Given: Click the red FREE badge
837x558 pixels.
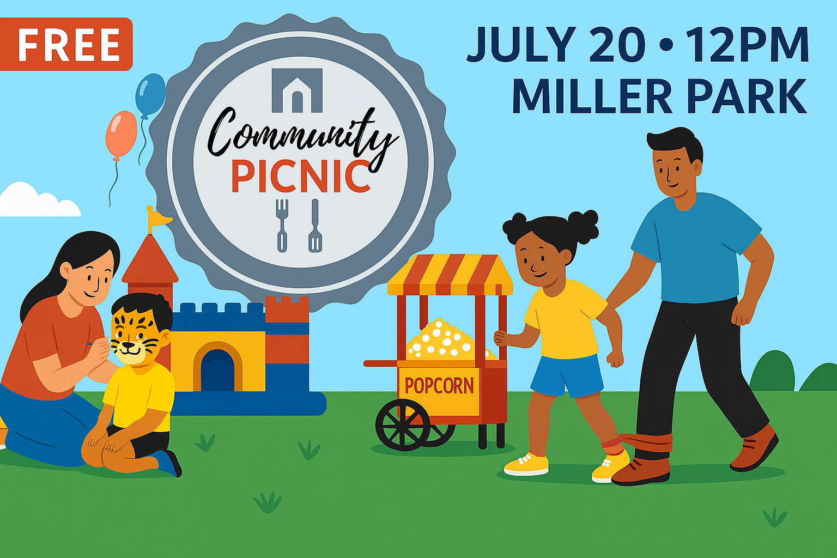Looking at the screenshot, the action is coord(66,44).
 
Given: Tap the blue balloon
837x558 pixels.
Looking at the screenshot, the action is coord(150,95).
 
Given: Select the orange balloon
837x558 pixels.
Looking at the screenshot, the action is coord(121,135).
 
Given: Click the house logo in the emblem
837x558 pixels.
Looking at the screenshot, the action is coord(297,90).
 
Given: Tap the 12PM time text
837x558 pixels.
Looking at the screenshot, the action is coord(747,44).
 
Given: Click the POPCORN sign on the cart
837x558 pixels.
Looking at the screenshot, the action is coord(439,386).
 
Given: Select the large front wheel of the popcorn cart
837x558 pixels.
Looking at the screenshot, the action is coord(403,424).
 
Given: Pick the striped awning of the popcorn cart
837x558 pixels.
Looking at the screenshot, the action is coord(450,275).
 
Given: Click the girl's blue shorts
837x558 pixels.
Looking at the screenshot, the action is coord(567,375).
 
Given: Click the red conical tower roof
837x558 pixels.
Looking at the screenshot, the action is coord(150,259).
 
